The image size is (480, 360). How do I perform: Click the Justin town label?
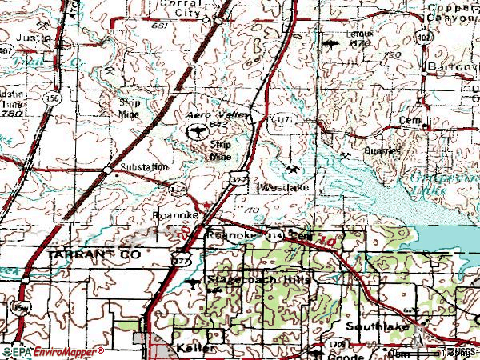pyautogui.click(x=32, y=38)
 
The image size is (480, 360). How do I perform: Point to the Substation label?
pyautogui.click(x=144, y=167)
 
